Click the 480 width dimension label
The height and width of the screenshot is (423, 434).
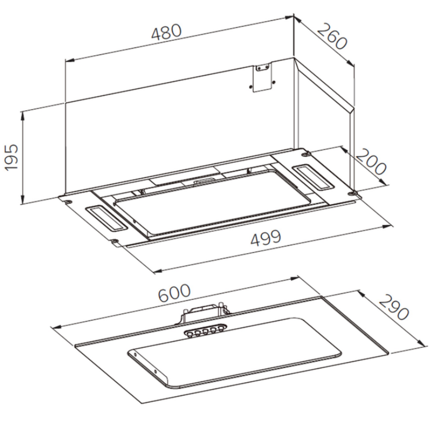pyautogui.click(x=166, y=32)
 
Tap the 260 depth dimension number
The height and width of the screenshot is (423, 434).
pyautogui.click(x=332, y=37)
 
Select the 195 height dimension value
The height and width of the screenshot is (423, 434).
pyautogui.click(x=11, y=157)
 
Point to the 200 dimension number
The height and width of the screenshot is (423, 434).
pyautogui.click(x=371, y=162)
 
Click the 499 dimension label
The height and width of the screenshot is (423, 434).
pyautogui.click(x=266, y=238)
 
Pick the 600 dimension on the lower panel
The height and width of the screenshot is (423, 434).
pyautogui.click(x=174, y=292)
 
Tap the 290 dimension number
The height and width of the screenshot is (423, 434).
pyautogui.click(x=393, y=307)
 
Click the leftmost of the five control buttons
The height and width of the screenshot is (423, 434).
pyautogui.click(x=189, y=334)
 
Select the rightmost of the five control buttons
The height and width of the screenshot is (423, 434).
pyautogui.click(x=221, y=329)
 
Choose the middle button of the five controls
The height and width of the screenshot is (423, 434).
pyautogui.click(x=205, y=332)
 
